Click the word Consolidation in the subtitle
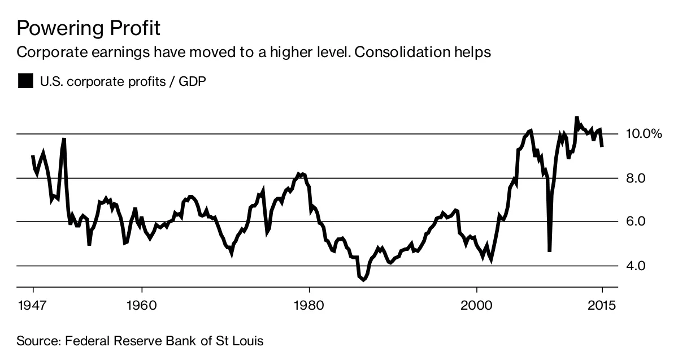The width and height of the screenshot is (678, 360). pos(390,53)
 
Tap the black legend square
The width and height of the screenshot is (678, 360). pos(25,81)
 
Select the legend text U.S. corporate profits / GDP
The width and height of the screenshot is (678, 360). pos(123,81)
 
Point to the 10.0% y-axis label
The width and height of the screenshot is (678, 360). pos(644,134)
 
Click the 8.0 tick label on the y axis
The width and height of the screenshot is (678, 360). pos(636,178)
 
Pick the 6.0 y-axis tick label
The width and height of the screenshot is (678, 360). pos(636,222)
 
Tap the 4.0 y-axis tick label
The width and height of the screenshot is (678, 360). pos(636,266)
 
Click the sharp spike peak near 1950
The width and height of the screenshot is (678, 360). pos(64,138)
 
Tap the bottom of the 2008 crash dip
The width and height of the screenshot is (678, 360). pos(549,251)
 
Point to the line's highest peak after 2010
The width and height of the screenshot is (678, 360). pos(576,118)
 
